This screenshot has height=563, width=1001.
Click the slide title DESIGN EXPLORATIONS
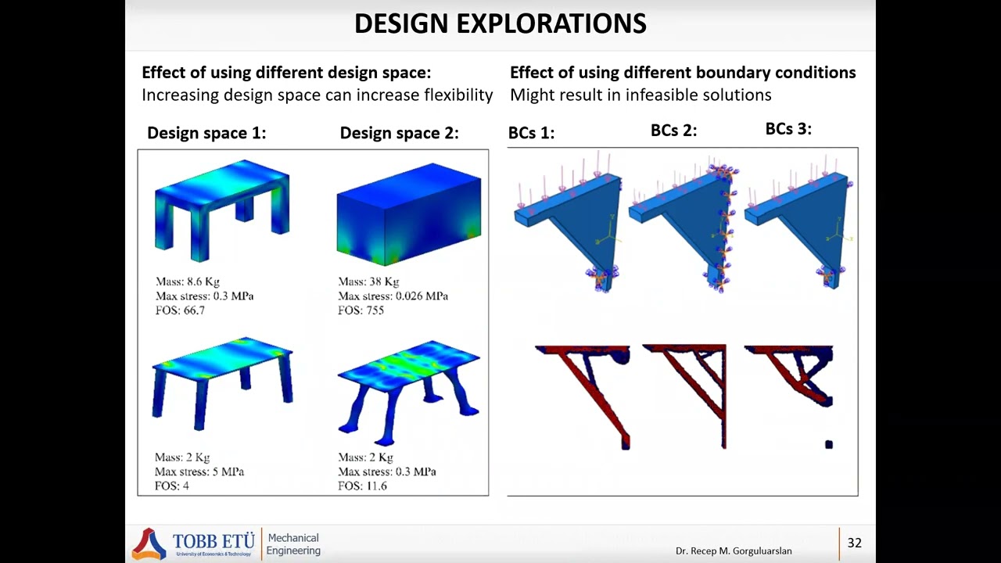click(x=500, y=23)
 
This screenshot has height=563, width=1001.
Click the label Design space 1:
click(x=206, y=133)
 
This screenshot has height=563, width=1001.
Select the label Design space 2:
click(x=399, y=133)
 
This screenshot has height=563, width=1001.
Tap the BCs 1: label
click(x=531, y=133)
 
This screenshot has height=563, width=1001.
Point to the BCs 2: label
click(x=673, y=131)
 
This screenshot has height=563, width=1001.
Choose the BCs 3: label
click(x=788, y=129)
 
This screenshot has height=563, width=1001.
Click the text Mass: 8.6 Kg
click(x=188, y=281)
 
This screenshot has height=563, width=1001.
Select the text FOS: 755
click(x=361, y=310)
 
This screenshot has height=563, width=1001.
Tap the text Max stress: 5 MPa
click(x=199, y=472)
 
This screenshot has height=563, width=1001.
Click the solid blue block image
click(x=408, y=211)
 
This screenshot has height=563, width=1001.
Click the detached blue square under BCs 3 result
click(x=829, y=445)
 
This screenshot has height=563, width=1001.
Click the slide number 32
click(x=854, y=543)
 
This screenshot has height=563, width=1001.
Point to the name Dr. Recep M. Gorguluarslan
click(x=734, y=551)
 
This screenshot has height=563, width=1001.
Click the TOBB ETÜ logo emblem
click(x=149, y=543)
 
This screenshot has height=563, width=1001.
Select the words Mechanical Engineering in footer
click(x=293, y=544)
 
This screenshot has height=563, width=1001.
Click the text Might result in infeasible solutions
click(x=640, y=95)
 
